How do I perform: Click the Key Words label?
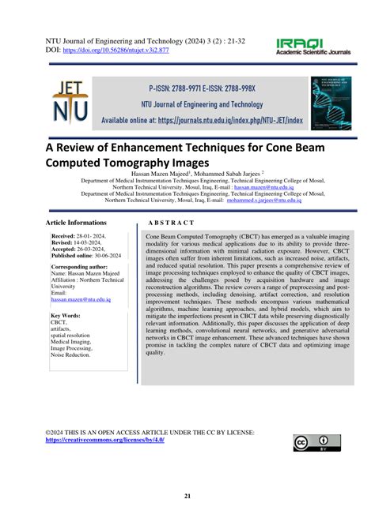(x=68, y=315)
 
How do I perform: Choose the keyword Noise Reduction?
(x=70, y=355)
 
